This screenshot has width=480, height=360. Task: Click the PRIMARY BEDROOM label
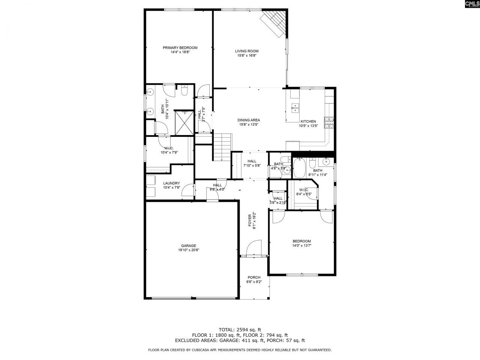point(180,48)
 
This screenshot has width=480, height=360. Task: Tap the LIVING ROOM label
point(246,51)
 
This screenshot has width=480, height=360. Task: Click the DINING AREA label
point(249,120)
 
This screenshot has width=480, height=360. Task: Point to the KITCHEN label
point(308,121)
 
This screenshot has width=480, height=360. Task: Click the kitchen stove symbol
point(329,123)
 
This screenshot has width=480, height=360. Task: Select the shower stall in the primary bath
point(183,122)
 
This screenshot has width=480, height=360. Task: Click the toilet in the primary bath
point(184,91)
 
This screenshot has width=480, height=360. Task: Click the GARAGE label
point(189,246)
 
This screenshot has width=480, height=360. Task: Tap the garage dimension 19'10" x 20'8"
point(189,250)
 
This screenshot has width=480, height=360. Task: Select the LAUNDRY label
point(171,183)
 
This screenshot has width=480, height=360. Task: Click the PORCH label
point(254,277)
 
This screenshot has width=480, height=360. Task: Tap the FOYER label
point(250,221)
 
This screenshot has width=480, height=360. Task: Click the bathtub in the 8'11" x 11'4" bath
point(300,168)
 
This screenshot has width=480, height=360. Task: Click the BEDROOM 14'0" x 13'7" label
point(301,241)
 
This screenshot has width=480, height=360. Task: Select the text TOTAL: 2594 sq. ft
point(240,330)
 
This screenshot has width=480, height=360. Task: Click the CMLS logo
point(472,4)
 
